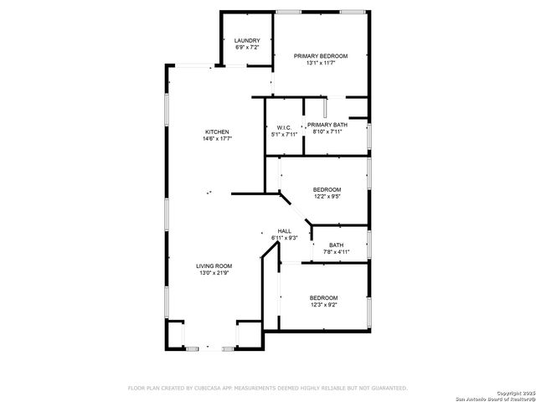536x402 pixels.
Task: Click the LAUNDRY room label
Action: click(247, 40)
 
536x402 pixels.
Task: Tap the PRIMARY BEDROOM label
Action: click(321, 56)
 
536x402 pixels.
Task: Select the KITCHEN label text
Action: click(217, 132)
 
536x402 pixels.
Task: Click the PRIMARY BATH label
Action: click(327, 125)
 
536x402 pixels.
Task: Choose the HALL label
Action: click(285, 231)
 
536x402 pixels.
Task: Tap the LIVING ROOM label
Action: click(214, 265)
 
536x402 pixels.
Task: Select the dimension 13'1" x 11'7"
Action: click(321, 63)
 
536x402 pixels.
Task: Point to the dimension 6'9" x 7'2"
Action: click(247, 48)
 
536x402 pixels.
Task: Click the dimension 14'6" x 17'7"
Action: click(217, 139)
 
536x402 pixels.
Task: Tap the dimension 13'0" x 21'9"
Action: click(214, 272)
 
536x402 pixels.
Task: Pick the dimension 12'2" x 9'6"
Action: click(327, 197)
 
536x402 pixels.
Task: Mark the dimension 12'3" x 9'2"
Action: click(323, 306)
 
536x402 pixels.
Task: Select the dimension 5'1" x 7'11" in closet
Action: click(284, 134)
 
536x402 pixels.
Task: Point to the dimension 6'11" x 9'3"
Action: click(285, 238)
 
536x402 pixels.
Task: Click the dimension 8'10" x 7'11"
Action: click(327, 131)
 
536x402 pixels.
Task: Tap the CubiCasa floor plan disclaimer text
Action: click(267, 388)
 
